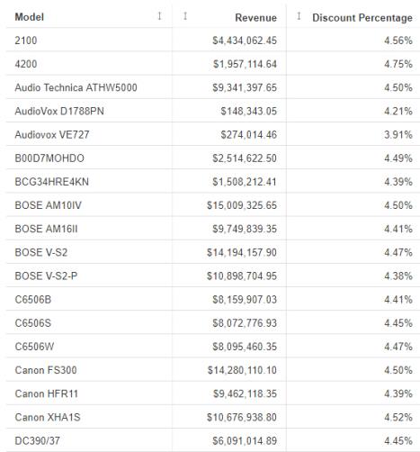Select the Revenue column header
point(255,17)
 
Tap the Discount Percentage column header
point(362,17)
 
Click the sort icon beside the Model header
point(160,16)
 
